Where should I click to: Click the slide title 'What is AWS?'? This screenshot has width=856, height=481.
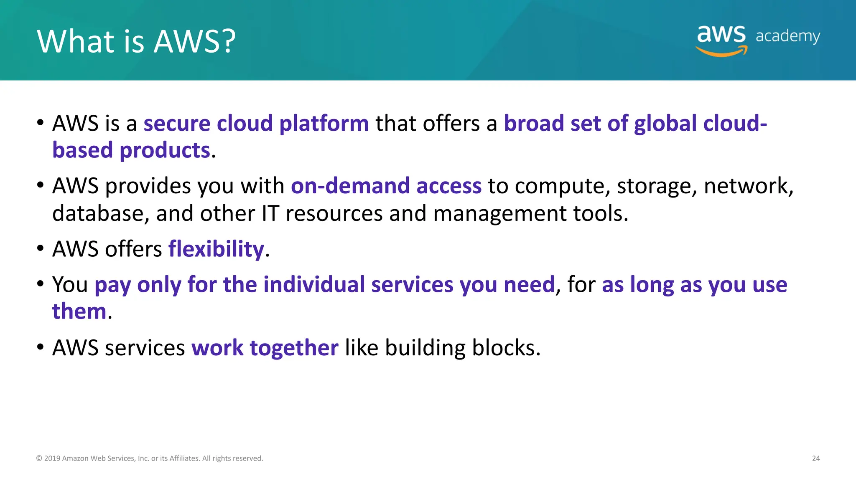tap(136, 41)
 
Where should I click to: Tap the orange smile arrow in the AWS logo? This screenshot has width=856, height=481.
tap(721, 52)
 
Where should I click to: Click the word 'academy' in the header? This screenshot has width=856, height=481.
tap(787, 36)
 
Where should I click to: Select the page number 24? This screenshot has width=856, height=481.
tap(815, 458)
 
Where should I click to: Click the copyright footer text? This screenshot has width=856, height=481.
tap(150, 458)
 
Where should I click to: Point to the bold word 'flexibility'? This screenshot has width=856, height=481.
tap(216, 249)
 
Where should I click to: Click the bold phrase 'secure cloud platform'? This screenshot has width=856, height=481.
tap(256, 124)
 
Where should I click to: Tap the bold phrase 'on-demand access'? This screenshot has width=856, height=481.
tap(386, 186)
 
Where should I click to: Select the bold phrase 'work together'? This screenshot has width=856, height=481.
tap(265, 348)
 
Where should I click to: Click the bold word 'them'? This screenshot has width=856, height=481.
tap(79, 311)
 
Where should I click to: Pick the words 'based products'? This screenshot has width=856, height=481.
tap(131, 150)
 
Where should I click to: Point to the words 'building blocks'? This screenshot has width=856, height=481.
tap(462, 348)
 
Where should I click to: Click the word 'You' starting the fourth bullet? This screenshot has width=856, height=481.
tap(70, 285)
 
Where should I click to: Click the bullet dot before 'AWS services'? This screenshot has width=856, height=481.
tap(41, 347)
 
